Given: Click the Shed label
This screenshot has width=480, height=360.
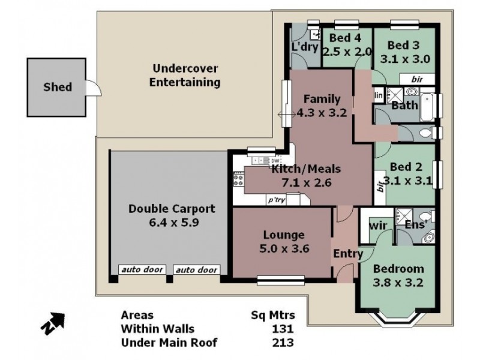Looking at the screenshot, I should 58,87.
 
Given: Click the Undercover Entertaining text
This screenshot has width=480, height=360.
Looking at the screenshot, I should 185,76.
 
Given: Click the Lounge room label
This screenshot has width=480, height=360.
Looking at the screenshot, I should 283,235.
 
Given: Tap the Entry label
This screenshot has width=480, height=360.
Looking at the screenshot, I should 348,254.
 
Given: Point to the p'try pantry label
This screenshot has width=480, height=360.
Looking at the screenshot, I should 276,200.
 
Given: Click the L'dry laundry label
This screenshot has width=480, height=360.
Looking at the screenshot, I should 304,46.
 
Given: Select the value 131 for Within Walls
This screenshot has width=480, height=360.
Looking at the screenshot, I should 282,329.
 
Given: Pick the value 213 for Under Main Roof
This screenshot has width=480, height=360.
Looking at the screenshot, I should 282,343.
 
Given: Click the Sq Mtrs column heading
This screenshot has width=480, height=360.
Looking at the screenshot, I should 272,315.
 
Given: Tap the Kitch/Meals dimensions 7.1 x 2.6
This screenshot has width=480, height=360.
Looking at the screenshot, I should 302,183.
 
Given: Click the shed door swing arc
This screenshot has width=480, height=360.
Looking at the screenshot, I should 93,89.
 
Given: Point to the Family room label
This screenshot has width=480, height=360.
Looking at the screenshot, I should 322,99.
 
